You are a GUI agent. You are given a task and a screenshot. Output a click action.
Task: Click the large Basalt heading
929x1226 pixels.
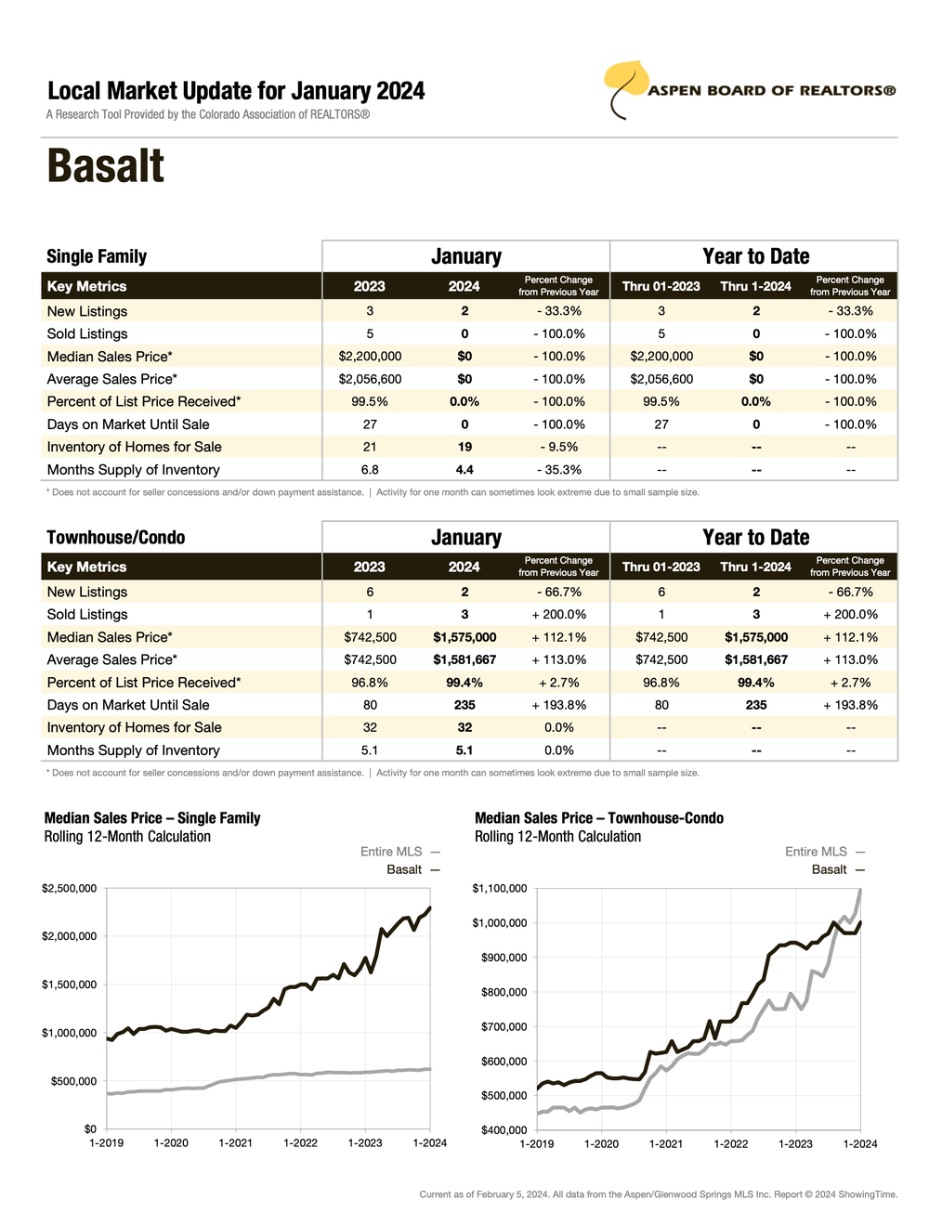click(x=106, y=167)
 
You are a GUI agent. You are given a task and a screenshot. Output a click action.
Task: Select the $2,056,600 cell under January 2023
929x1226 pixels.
click(x=370, y=379)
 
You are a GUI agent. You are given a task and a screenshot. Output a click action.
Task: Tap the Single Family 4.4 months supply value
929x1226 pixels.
click(x=464, y=470)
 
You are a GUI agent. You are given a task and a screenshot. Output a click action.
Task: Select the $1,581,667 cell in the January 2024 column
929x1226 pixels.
click(x=464, y=659)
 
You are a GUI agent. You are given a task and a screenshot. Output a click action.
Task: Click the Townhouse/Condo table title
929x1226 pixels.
click(x=116, y=538)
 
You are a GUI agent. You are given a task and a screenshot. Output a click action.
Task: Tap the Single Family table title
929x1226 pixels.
click(x=97, y=256)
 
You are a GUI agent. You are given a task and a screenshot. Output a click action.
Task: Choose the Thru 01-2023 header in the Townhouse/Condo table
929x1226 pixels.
click(x=661, y=567)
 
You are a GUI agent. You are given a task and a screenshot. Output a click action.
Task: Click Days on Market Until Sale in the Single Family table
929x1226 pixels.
click(x=128, y=424)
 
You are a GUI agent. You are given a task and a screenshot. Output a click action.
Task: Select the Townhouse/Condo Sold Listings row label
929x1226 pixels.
click(x=87, y=614)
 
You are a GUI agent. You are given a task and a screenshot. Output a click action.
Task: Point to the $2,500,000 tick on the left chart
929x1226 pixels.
click(x=69, y=889)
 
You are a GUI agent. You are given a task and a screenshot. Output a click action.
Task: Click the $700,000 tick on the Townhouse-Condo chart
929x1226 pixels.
click(x=500, y=1026)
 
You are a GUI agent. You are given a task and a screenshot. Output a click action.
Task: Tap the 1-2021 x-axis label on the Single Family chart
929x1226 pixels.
click(x=235, y=1142)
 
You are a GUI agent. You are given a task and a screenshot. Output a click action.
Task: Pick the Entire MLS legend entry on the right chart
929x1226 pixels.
click(x=816, y=852)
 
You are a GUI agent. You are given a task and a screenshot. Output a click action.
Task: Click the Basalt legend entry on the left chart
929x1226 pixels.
click(x=404, y=869)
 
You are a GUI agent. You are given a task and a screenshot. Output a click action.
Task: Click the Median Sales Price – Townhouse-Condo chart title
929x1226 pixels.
click(x=599, y=818)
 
